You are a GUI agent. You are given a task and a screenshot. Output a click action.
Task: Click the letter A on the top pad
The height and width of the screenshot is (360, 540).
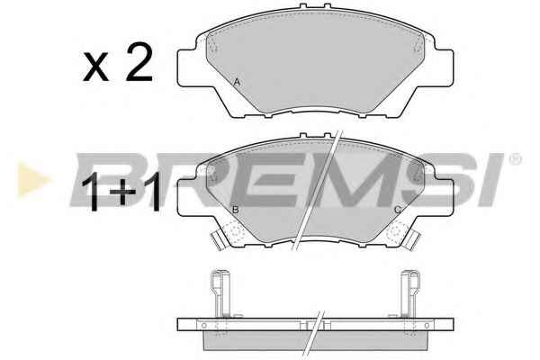click(237, 82)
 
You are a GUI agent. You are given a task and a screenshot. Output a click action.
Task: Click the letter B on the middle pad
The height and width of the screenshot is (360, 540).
click(236, 210)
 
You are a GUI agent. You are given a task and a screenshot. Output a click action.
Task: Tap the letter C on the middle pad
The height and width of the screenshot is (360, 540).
click(398, 210)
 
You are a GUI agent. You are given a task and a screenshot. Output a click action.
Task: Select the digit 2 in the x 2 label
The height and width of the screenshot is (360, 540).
click(139, 63)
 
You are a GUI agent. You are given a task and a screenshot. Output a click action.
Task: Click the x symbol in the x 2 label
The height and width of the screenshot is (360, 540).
click(95, 67)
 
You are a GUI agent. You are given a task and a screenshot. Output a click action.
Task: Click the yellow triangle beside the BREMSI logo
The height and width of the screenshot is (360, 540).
click(33, 179)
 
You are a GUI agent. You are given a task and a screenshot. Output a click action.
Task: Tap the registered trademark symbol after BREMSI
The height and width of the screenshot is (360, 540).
click(515, 159)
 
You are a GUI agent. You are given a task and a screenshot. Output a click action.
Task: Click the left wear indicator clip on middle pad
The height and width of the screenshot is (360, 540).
click(218, 240)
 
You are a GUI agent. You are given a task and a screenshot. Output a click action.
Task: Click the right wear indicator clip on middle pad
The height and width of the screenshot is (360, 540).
click(413, 240)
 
